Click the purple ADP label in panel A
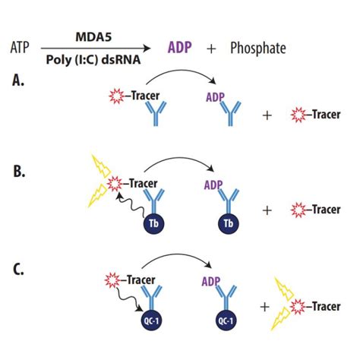tap(214, 97)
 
